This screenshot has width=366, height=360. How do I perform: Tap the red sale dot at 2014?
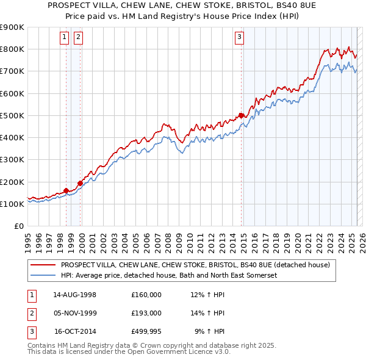(x=242, y=115)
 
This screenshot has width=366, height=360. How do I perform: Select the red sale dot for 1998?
(x=66, y=190)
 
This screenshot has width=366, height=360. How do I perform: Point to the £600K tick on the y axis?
(x=12, y=93)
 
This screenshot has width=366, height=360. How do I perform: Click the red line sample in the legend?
(x=43, y=265)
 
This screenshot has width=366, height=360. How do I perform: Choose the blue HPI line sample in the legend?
(x=43, y=275)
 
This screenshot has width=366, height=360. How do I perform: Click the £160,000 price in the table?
(x=146, y=295)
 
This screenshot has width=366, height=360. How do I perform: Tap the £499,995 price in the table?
(x=146, y=331)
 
